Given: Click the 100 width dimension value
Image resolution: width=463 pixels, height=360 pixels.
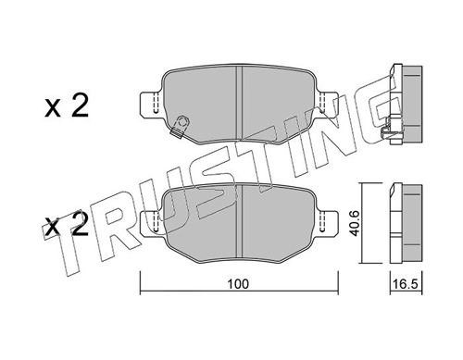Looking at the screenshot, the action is click(x=238, y=284).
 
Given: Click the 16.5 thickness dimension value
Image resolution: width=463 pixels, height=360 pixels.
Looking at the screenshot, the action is click(x=406, y=284).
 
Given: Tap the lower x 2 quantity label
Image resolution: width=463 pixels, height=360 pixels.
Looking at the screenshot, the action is click(x=67, y=225).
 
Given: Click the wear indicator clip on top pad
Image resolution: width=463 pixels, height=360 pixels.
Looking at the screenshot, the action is click(x=180, y=126).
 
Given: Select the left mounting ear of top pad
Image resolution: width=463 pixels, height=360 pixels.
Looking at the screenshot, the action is click(x=151, y=104).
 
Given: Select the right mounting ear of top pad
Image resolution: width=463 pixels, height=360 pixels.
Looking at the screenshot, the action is click(x=328, y=104).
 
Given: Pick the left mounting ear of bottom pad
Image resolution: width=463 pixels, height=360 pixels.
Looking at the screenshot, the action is click(x=151, y=224).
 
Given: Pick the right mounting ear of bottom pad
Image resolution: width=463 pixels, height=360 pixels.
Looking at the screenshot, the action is click(x=328, y=224).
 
